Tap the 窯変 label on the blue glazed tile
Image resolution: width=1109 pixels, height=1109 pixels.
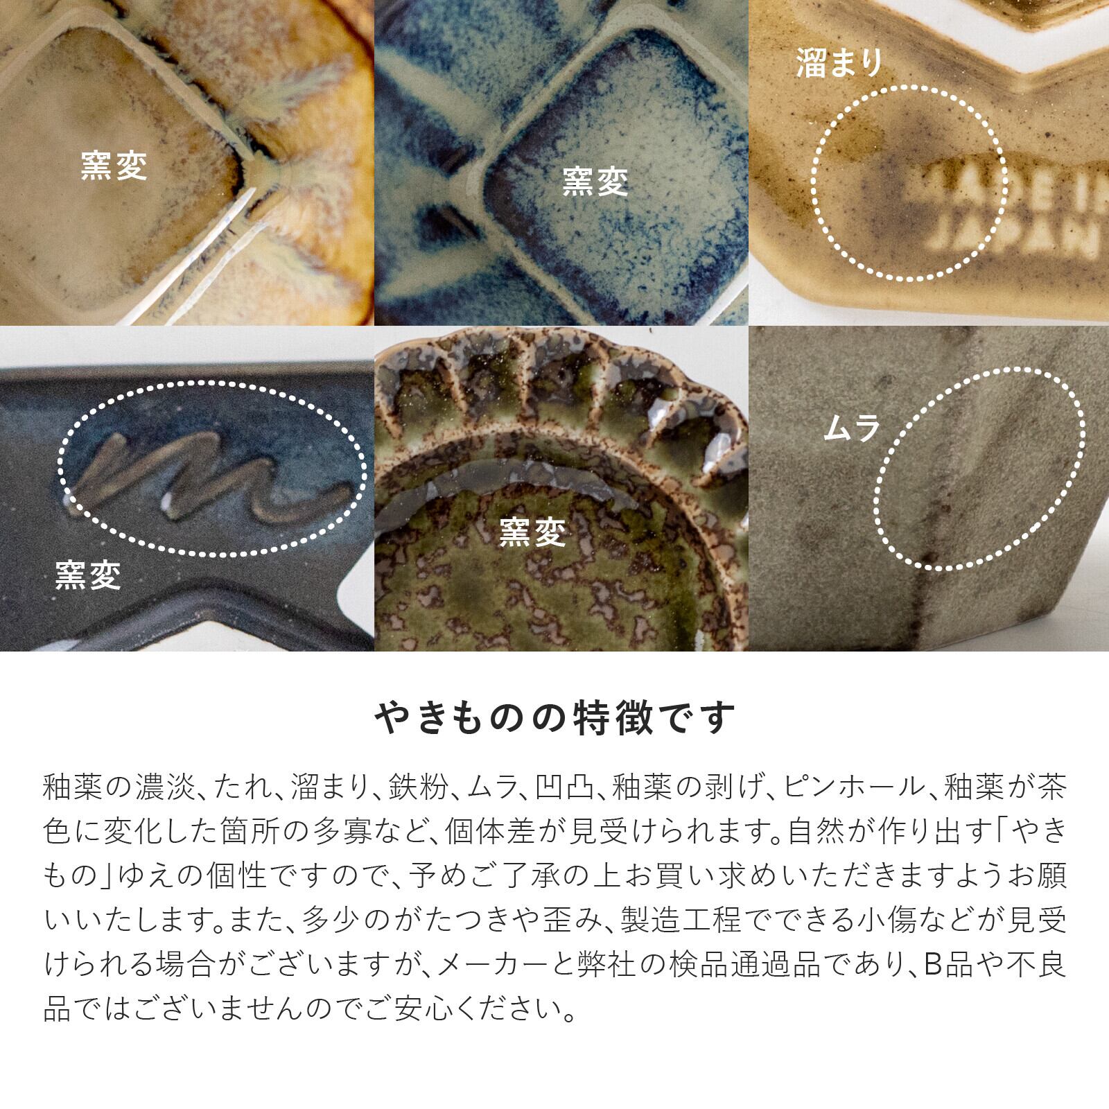coord(595,182)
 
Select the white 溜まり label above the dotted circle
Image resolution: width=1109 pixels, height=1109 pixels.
coord(839,64)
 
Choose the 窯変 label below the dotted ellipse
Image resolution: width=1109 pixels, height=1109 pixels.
coord(88,575)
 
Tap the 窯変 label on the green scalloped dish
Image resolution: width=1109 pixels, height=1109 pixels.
coord(533,532)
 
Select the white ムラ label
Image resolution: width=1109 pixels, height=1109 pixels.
coord(852,430)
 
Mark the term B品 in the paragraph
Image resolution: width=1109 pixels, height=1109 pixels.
coord(949,965)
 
